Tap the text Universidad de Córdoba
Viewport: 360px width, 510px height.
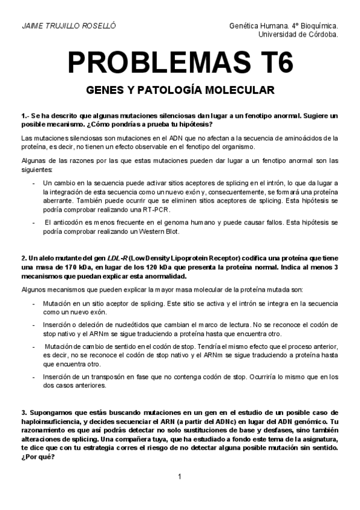point(297,34)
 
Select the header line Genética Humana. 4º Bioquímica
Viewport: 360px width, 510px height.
point(284,27)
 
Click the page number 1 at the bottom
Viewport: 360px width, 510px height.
point(179,477)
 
